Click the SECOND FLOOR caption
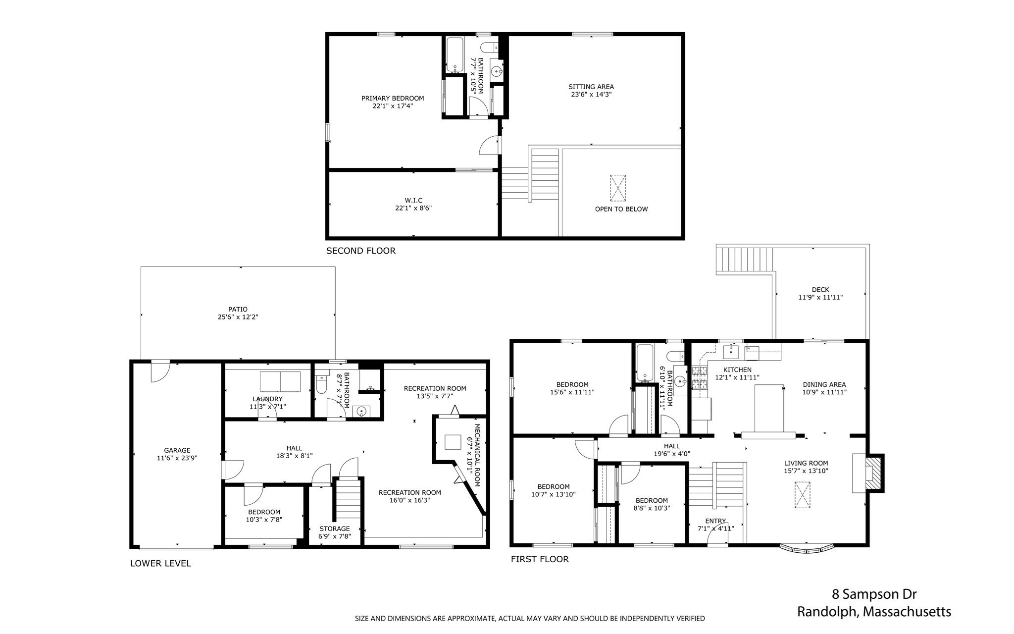360,251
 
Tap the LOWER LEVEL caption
160,563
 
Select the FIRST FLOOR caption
540,559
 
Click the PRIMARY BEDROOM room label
393,98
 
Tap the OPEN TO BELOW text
621,209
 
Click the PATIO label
238,310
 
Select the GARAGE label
177,450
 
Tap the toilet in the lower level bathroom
321,384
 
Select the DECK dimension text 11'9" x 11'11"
820,298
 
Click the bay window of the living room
807,549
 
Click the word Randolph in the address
828,612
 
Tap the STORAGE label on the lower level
334,528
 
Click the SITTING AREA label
591,87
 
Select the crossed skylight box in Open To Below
617,188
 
